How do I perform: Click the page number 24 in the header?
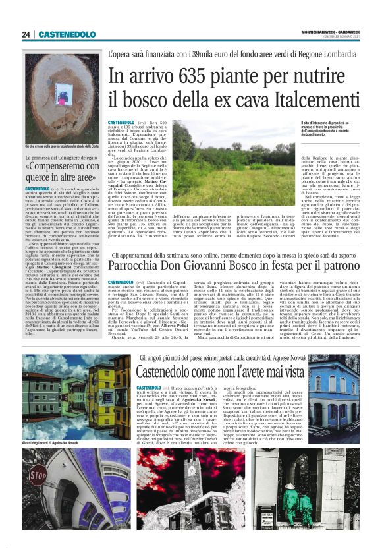[x=26, y=34]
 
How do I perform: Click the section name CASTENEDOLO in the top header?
[x=67, y=34]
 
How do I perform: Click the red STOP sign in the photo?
[x=40, y=474]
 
